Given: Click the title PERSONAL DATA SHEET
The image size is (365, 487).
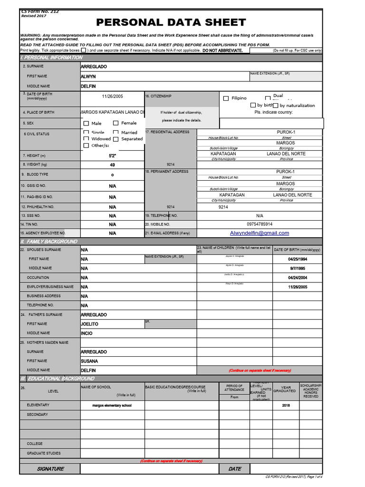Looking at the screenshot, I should point(171,22).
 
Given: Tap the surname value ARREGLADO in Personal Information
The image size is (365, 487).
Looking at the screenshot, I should point(94,67).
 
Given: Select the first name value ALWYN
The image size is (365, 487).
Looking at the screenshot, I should point(88,77).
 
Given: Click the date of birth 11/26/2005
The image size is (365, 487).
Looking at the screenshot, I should point(112,96).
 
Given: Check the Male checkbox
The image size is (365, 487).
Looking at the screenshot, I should point(86,123).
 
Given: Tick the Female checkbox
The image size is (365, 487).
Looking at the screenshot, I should point(116,123).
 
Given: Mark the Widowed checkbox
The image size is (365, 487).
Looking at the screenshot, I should point(86,139).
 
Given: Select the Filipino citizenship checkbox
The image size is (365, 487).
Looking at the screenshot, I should point(226,98).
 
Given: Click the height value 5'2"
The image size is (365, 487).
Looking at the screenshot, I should point(112,156).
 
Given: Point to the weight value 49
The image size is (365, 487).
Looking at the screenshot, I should point(112,165).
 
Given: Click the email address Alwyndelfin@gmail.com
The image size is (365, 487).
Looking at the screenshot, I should point(259,233).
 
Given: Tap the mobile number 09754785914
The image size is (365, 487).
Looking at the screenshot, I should point(259,224).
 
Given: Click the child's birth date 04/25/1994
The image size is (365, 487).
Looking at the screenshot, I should point(298,259).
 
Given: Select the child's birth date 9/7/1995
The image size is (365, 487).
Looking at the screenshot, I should point(298,269).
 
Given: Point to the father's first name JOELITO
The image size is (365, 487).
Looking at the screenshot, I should point(89,324).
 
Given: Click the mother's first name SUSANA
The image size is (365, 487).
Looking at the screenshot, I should point(90,361).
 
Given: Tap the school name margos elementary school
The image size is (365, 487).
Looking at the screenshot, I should point(112,406).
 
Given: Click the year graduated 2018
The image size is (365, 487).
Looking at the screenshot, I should point(286,406).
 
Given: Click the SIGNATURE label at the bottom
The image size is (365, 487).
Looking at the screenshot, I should point(50,469).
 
